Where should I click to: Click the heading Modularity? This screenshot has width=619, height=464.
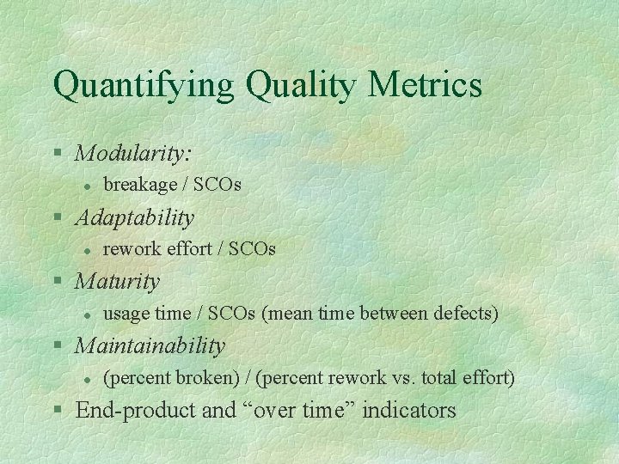point(133,154)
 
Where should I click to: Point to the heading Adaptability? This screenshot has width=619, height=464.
point(135,217)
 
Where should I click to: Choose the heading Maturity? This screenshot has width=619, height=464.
point(118,281)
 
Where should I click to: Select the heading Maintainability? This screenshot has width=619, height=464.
point(150,345)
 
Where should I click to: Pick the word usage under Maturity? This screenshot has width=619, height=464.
point(126,314)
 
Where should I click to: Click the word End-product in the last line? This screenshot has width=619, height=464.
point(136,410)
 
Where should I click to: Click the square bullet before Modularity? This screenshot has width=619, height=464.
point(57,155)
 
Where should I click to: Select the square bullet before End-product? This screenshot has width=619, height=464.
point(57,411)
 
